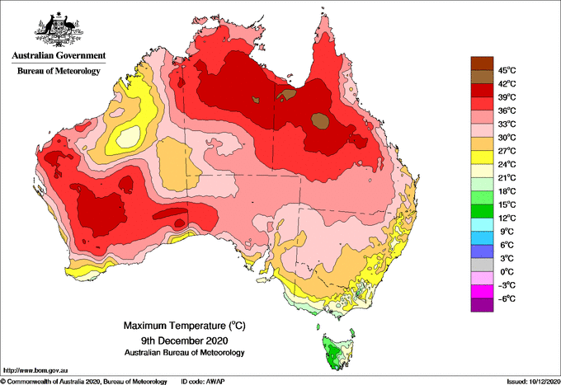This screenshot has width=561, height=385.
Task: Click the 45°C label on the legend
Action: click(507, 70)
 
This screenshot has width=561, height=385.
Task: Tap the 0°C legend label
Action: click(507, 272)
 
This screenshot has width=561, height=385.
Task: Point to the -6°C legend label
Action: click(507, 298)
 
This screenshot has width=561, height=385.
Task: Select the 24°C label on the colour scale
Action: click(507, 164)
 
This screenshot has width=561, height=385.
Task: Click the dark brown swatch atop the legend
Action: click(482, 63)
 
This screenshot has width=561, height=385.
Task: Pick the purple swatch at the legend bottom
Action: click(482, 305)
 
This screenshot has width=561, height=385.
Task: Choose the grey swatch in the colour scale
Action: click(482, 265)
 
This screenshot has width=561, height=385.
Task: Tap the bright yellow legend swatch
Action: click(482, 157)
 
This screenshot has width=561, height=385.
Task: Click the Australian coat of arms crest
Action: click(59, 30)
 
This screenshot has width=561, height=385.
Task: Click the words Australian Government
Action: click(59, 55)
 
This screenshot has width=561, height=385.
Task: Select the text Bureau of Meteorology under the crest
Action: click(59, 71)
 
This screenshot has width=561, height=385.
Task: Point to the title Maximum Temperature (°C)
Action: click(185, 326)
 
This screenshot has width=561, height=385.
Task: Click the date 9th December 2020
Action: click(185, 340)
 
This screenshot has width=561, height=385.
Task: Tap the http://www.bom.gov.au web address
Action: click(35, 370)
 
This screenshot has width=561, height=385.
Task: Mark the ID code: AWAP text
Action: click(203, 382)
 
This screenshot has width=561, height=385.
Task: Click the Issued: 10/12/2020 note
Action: click(533, 382)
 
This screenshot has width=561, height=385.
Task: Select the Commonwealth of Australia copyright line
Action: click(84, 382)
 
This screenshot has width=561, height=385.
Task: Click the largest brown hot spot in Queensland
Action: click(320, 121)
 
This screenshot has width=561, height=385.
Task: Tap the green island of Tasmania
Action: click(337, 352)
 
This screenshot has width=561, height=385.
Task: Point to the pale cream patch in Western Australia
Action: click(128, 137)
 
